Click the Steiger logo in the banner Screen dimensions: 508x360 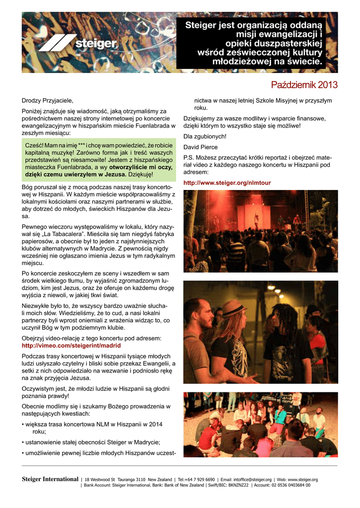79,43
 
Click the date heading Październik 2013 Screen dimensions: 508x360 304,85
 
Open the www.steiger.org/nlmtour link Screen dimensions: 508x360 227,183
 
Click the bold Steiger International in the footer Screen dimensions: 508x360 50,480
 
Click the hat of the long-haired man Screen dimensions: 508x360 233,308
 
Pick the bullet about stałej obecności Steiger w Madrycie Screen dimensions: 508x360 91,442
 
